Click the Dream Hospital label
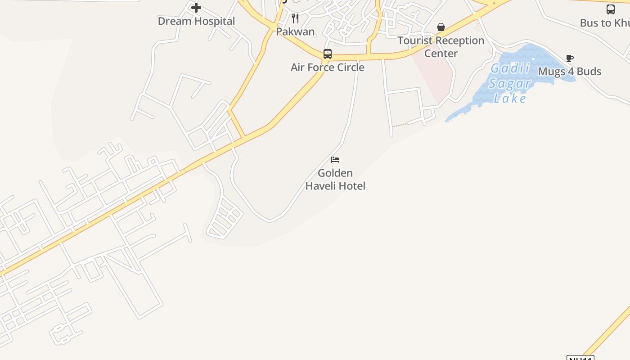tap(196, 21)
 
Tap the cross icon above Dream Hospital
tap(196, 7)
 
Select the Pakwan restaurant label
tap(295, 31)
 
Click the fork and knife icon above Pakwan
tap(295, 18)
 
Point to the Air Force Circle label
tap(327, 67)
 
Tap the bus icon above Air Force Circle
tap(328, 54)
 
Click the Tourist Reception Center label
tap(441, 47)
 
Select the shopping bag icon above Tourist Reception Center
tap(441, 27)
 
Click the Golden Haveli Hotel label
tap(335, 179)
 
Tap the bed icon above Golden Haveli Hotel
tap(335, 160)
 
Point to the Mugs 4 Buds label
tap(569, 72)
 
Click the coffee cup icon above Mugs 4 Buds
tap(570, 58)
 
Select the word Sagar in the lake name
tap(510, 84)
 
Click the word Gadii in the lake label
tap(510, 69)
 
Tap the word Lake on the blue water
tap(510, 99)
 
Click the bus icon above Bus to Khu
tap(611, 9)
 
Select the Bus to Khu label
tap(604, 23)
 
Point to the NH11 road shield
tap(580, 358)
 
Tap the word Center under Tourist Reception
tap(441, 54)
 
